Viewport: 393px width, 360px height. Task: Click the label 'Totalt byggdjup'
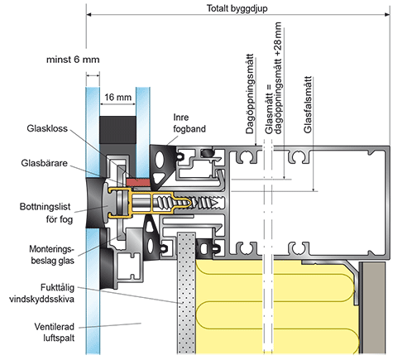237,8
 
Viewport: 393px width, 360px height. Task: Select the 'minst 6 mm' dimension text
73,60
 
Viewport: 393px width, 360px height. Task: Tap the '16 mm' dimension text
117,97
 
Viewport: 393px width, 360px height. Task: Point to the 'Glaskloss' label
47,128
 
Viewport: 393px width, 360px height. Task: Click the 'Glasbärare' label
44,163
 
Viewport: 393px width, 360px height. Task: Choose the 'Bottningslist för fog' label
46,213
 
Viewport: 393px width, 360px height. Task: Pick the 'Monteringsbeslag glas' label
52,255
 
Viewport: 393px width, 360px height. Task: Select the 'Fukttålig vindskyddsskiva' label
42,293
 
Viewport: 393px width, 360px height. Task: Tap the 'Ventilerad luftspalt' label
55,332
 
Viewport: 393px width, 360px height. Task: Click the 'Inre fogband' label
189,123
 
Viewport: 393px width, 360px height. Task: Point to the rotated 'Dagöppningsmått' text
250,94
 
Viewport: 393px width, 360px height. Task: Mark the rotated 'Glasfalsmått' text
308,105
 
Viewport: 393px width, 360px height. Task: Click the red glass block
137,182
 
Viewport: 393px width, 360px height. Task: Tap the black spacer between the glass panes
117,130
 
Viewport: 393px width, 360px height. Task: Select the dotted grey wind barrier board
186,293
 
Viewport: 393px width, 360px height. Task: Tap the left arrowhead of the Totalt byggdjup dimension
89,14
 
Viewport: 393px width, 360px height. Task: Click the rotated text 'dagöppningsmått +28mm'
278,79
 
